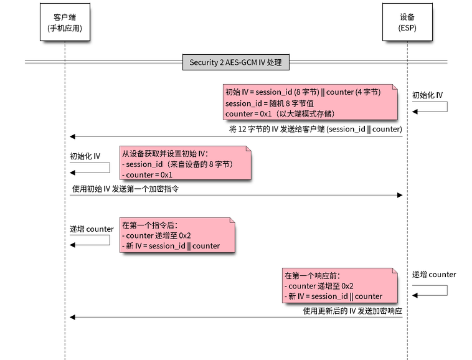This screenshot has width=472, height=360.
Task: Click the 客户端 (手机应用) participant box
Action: (64, 23)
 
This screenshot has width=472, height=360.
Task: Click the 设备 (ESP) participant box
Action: (407, 23)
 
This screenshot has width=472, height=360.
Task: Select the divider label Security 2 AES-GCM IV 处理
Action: (235, 62)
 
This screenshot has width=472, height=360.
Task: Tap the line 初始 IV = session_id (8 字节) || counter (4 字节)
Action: (303, 92)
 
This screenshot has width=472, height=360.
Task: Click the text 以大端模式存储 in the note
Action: (309, 113)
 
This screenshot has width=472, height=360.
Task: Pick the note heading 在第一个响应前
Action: (313, 275)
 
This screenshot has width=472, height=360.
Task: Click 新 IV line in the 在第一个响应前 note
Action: (333, 296)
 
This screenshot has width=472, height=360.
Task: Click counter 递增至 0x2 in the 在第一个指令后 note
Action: (158, 236)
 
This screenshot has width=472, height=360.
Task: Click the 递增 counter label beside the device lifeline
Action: (434, 275)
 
